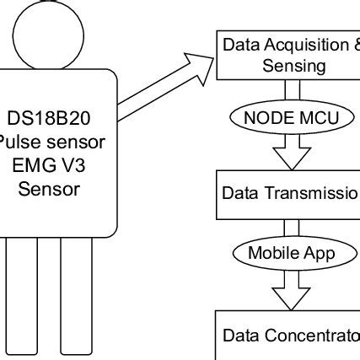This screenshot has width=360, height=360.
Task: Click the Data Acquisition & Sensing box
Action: (287, 54)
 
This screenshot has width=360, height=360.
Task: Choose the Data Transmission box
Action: (287, 192)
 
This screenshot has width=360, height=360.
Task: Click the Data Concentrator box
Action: (287, 335)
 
